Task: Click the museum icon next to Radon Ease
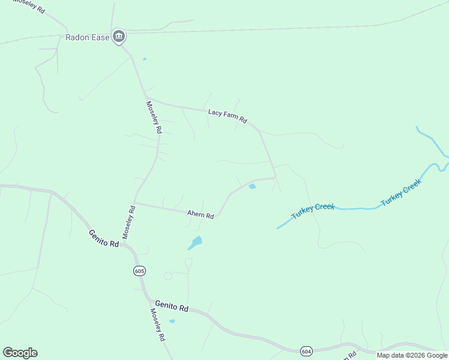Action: pos(119,37)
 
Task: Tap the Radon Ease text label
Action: pos(87,37)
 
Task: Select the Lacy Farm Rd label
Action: pos(228,116)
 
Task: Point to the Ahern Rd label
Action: pos(200,214)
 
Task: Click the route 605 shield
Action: pos(139,271)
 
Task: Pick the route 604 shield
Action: pos(306,350)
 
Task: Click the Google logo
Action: pos(20,353)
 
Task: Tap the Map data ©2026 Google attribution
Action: pos(412,355)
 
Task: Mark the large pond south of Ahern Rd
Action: pos(195,242)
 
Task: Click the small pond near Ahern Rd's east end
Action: pos(252,187)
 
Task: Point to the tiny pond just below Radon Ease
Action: pos(144,59)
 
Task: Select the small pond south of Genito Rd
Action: pos(172,321)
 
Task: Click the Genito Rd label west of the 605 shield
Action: pos(104,239)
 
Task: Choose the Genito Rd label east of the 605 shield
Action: pos(172,307)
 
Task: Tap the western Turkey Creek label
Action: pos(313,211)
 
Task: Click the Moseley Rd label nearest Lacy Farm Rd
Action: pos(154,117)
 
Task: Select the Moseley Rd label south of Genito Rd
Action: pos(157,326)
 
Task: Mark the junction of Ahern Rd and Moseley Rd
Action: pos(134,202)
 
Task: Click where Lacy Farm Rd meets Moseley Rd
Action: pos(146,98)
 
